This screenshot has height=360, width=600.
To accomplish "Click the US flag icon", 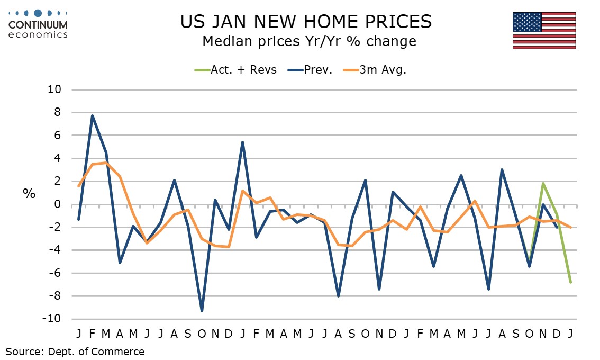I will [544, 30].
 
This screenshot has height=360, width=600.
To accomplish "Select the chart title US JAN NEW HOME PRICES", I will [306, 21].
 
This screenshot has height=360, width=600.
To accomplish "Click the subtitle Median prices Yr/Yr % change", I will [310, 41].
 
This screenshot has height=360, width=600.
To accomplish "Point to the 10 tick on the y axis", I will [55, 89].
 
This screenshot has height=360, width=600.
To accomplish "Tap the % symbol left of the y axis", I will [29, 193].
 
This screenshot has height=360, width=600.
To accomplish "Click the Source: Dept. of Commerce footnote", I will [75, 351].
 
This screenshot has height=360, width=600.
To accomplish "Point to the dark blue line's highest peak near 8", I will [93, 116].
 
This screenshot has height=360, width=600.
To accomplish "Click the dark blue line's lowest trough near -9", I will [202, 311].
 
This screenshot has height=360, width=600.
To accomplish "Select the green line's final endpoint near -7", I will [570, 282].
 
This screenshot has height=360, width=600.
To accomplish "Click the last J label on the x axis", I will [570, 334].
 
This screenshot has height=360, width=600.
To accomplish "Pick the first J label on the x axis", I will [78, 334].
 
